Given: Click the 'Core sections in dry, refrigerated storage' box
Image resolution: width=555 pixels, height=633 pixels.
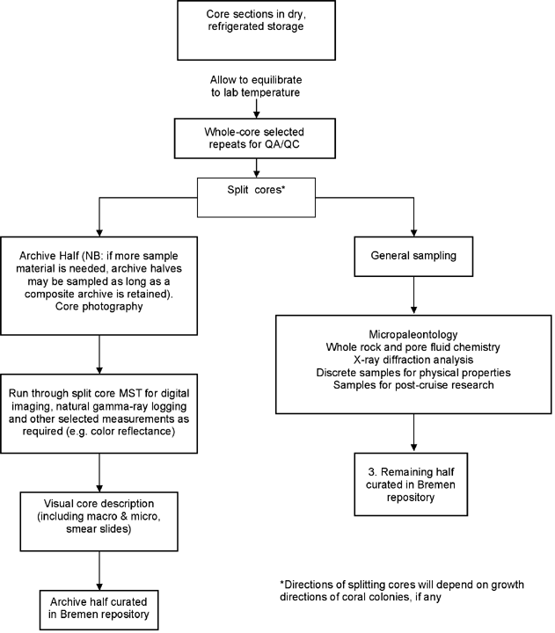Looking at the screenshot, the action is pos(256,30).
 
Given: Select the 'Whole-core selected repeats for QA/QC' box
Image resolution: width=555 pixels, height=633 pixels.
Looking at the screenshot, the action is pos(255,138).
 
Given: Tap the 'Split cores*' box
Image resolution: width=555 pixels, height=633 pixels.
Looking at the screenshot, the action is pos(256,198).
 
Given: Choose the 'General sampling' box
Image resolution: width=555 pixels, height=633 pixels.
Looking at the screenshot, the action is pos(413,257).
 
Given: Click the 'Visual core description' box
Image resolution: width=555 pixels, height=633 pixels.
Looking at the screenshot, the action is pos(99,521).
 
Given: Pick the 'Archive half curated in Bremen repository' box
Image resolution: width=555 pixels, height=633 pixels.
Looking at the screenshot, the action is pos(99,609).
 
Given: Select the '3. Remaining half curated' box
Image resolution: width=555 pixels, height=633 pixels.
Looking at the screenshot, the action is pos(411,484).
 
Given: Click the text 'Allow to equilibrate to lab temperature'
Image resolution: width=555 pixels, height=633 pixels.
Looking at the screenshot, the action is pos(256,86).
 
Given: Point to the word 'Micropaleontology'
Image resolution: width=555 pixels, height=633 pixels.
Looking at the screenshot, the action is pos(413,334).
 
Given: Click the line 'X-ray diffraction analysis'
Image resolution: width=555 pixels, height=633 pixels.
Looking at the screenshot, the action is pos(413,360).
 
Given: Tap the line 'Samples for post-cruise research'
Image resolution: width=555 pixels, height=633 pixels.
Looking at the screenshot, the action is pos(413,385).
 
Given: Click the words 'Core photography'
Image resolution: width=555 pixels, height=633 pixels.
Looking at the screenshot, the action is pos(99,307).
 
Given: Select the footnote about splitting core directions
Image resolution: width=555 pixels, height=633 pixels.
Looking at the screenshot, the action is pos(402,591).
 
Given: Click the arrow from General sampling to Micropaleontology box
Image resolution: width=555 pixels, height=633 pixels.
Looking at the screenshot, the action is pos(413,295).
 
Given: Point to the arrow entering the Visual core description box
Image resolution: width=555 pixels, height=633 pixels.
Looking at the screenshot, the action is pos(99,472).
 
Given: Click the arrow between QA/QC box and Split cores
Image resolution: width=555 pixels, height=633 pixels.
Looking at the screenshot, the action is pos(256,168).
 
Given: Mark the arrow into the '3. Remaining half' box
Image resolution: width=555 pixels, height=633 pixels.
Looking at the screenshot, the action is pos(413,433).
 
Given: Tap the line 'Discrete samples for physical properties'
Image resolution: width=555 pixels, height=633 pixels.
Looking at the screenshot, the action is pos(413,372).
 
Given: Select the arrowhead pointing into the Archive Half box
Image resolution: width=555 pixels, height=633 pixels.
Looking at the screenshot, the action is pos(99,233).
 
